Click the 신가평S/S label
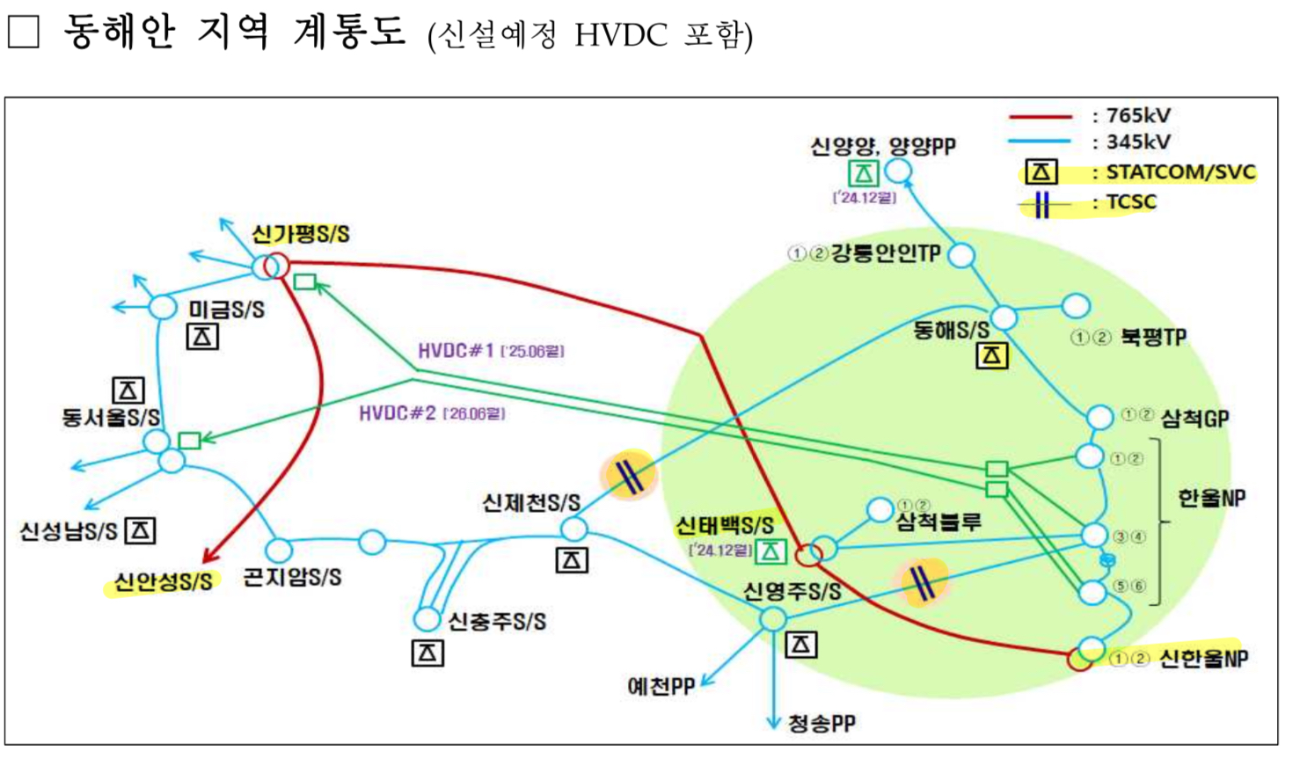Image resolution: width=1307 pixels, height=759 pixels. (300, 234)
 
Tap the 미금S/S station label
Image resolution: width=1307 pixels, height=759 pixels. (226, 310)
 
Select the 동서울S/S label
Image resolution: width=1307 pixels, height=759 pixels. (110, 417)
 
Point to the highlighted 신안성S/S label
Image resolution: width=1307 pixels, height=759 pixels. (163, 581)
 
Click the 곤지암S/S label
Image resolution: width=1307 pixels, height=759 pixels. (292, 578)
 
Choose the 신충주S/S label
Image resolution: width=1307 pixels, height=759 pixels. (497, 622)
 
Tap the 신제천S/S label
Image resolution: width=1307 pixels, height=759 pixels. (531, 503)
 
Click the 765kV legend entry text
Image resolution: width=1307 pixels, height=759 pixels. (1138, 115)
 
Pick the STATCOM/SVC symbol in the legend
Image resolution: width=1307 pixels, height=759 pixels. (1040, 172)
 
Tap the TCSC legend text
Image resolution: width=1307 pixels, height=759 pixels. (1131, 201)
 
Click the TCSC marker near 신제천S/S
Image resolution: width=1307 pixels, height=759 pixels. (629, 476)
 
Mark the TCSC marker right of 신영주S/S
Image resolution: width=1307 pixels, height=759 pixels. (921, 581)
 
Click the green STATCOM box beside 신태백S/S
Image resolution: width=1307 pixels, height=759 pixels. (770, 551)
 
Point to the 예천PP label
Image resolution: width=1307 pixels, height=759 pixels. (661, 686)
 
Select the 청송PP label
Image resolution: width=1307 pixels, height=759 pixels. (821, 724)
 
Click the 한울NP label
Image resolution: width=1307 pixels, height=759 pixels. (1211, 498)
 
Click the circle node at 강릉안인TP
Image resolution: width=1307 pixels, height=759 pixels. (961, 256)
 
